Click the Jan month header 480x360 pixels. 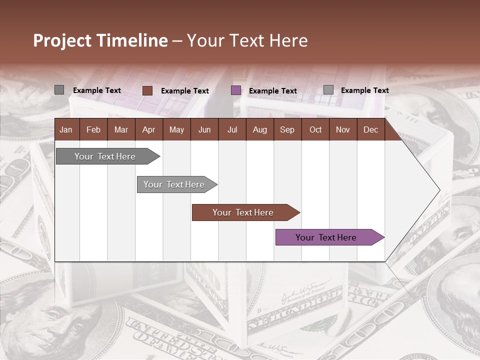66,129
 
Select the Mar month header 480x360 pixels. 121,129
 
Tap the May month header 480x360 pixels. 176,129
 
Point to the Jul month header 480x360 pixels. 232,129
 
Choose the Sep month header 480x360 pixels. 287,129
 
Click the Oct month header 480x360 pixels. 315,129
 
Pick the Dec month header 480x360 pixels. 370,129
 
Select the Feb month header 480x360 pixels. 93,129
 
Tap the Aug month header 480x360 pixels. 259,129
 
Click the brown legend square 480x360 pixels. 147,90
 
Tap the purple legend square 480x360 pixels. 236,90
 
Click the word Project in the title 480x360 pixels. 63,40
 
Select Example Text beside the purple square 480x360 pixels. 273,91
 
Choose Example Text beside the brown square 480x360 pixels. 185,91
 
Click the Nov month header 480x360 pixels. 343,129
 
